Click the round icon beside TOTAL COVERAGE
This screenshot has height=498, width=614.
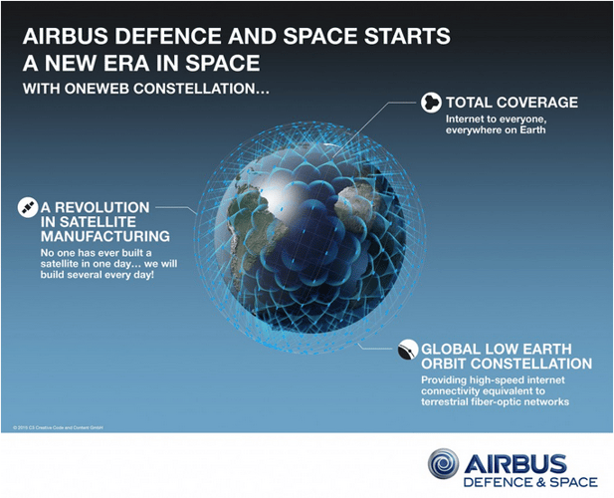(x=431, y=103)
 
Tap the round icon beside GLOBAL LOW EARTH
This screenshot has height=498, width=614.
(x=405, y=351)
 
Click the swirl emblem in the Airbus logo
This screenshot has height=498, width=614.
(x=444, y=464)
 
